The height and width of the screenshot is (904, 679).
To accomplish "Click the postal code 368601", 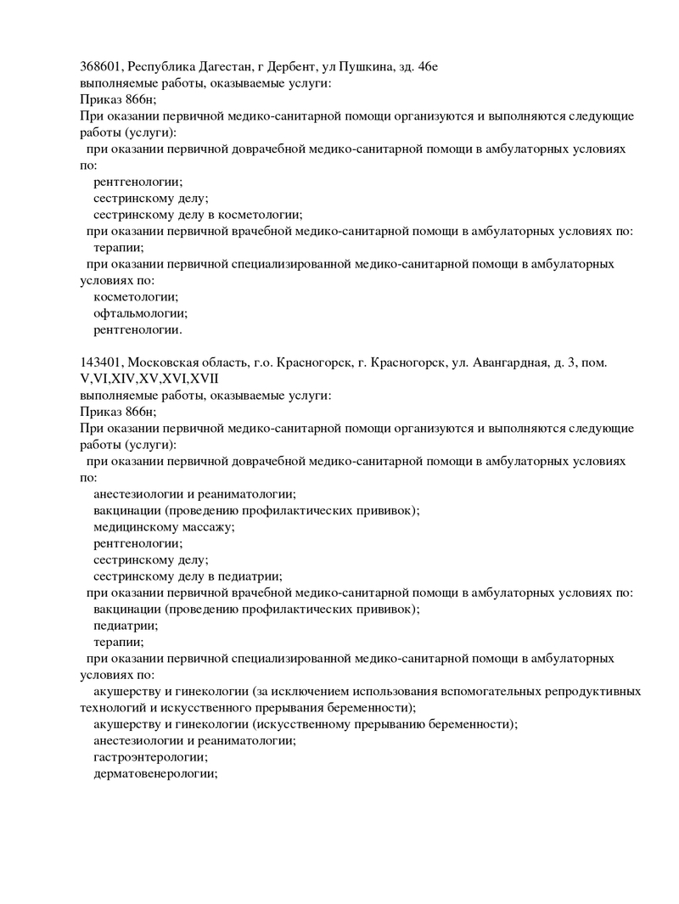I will (101, 66).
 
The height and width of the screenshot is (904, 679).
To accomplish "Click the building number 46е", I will (427, 66).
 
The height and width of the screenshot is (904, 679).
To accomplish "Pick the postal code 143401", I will (101, 362).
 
